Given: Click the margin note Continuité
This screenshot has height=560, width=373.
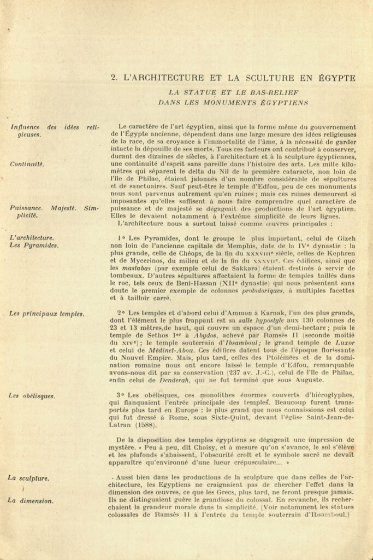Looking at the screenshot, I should [27, 164].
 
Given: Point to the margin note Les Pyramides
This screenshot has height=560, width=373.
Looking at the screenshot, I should [34, 246].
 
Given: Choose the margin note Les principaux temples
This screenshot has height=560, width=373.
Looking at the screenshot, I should [47, 314].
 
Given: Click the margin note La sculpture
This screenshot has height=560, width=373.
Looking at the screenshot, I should [28, 478].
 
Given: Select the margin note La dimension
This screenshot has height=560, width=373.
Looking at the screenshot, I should [30, 500].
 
